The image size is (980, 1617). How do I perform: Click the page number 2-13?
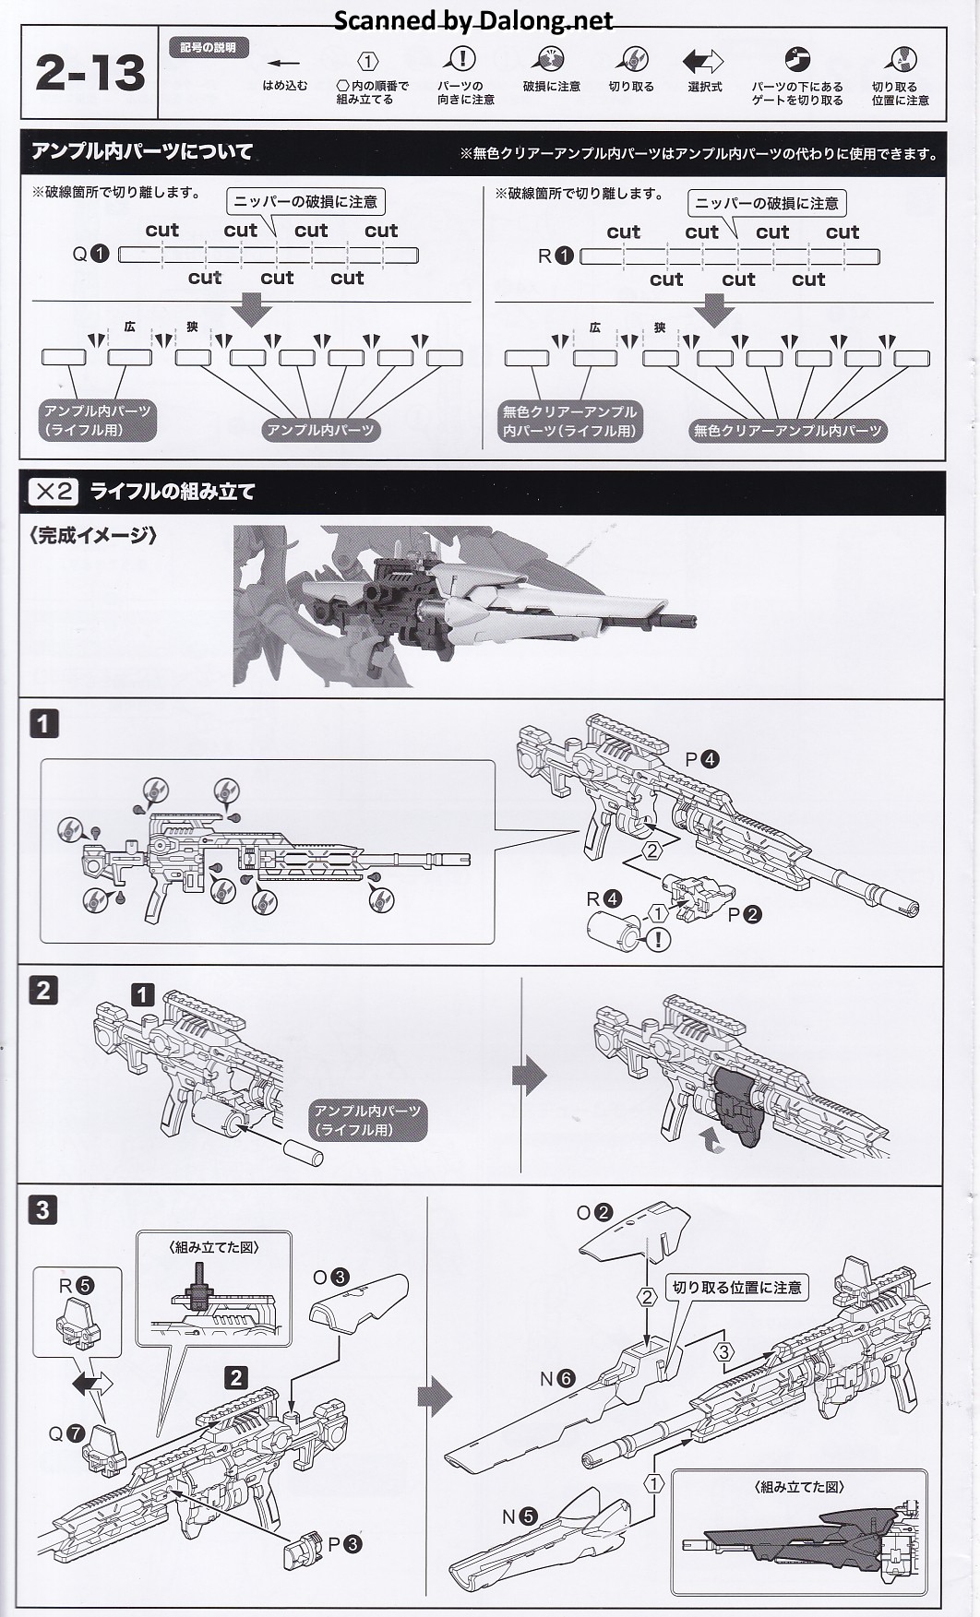point(90,73)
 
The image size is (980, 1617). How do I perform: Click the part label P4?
point(701,759)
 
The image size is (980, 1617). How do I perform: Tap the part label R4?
point(604,898)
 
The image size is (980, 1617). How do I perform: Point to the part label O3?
point(330,1277)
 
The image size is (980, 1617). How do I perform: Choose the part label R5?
point(77,1286)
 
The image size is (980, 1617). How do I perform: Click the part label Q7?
point(66,1433)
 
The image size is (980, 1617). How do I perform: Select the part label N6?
point(557,1379)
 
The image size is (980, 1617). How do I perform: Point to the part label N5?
point(519,1516)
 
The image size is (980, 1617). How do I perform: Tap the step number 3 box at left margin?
point(43,1209)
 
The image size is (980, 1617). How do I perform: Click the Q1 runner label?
point(90,254)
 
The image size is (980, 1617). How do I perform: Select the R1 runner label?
point(555,256)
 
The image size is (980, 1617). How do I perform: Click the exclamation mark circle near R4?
point(658,940)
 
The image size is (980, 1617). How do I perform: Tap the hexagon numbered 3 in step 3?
point(724,1352)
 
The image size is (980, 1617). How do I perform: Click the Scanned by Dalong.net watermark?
point(472,20)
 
